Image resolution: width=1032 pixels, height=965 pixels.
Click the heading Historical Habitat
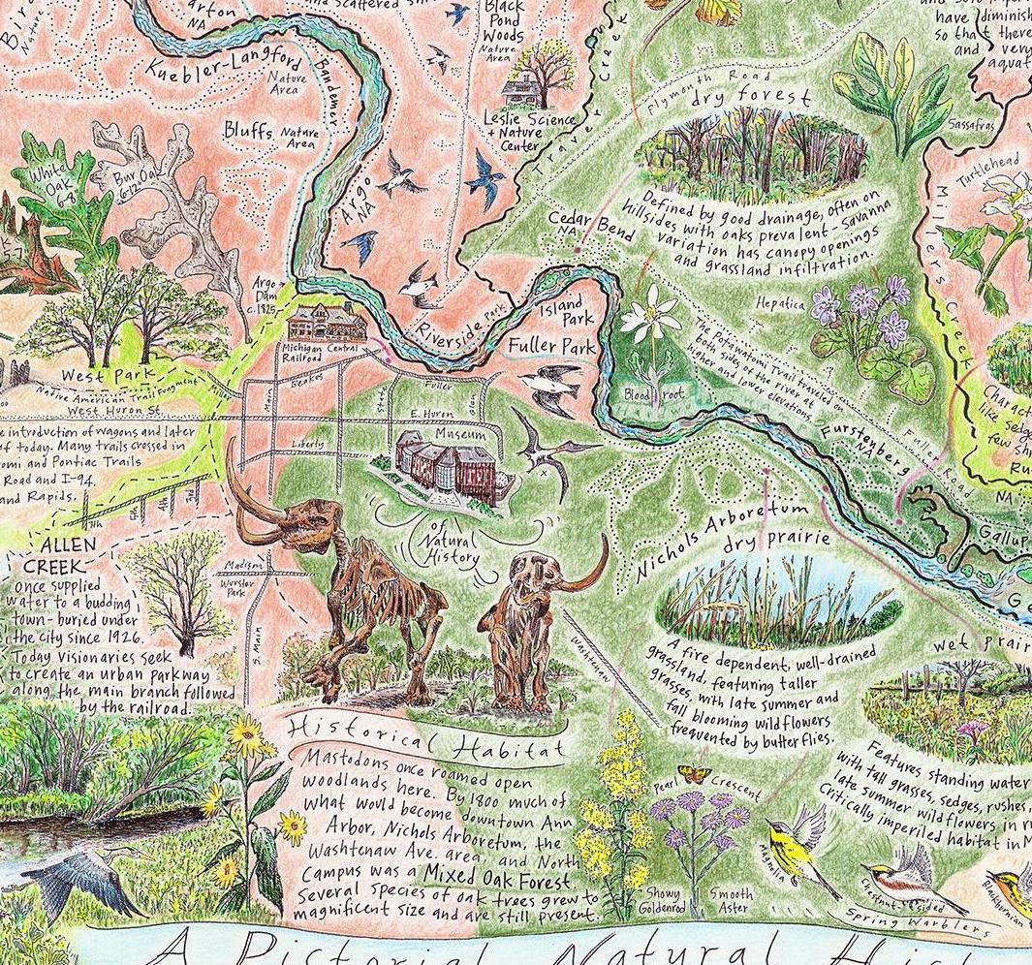coord(427,737)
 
